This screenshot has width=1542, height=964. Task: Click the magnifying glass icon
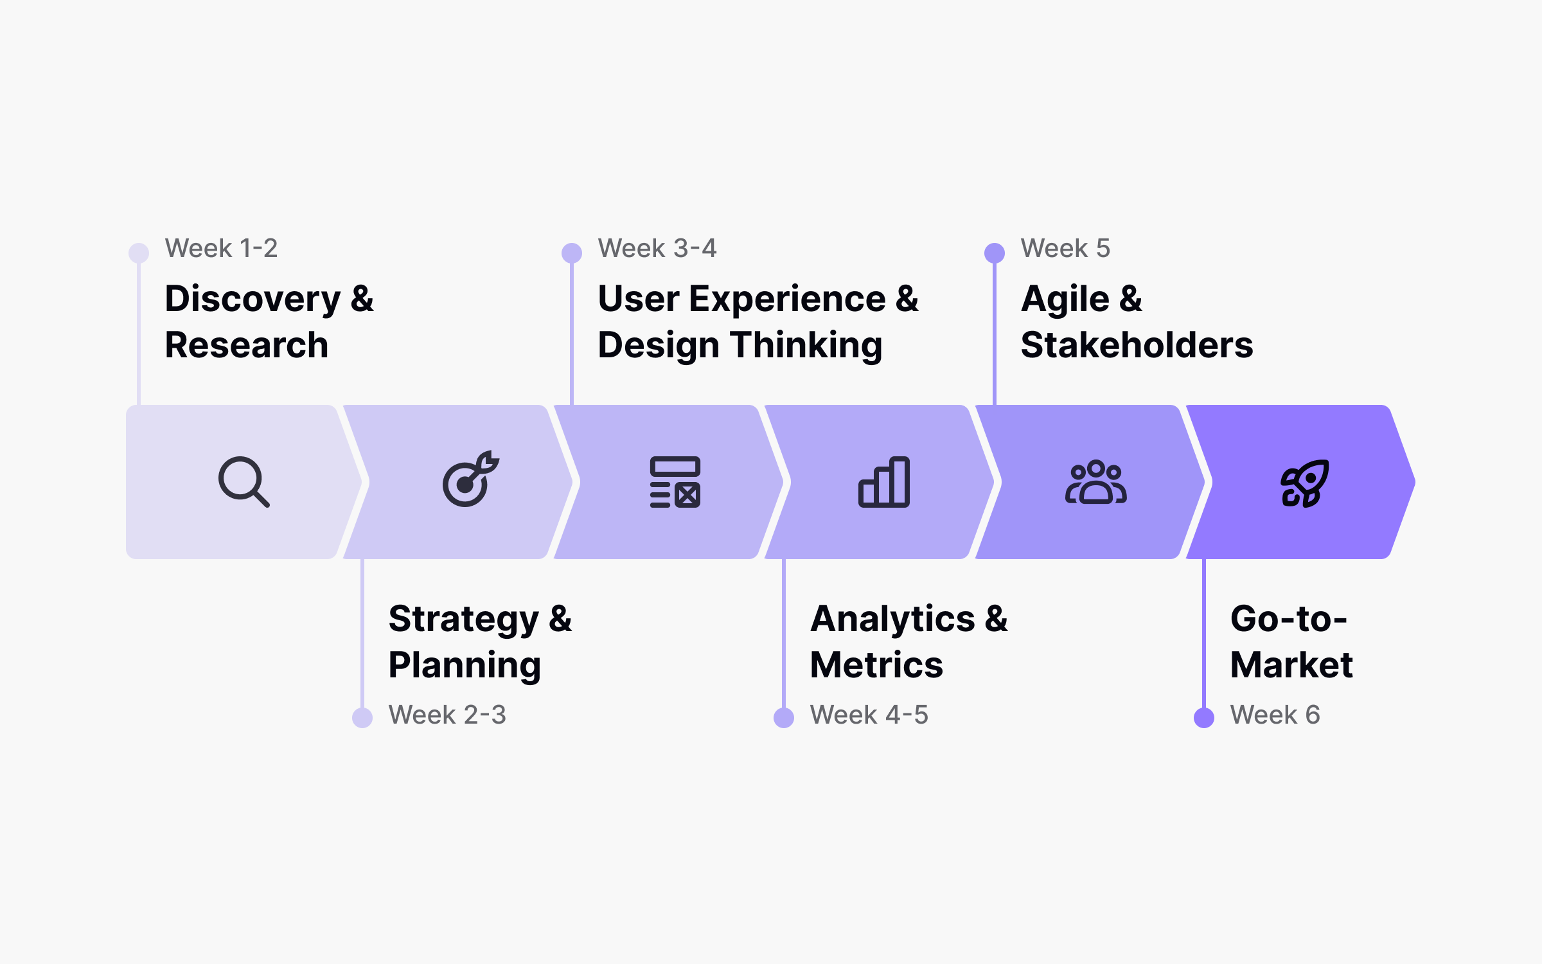click(x=243, y=481)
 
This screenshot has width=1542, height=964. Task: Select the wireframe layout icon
click(x=675, y=482)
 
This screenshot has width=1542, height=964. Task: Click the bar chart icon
click(x=884, y=482)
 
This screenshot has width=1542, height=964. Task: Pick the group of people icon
click(x=1095, y=482)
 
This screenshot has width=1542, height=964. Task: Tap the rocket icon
click(x=1304, y=483)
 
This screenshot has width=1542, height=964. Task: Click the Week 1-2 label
click(x=221, y=248)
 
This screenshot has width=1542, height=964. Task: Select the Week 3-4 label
click(x=657, y=248)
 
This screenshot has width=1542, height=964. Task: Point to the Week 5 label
click(x=1065, y=248)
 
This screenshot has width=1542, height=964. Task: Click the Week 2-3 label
click(x=447, y=715)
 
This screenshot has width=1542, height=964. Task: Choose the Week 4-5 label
click(x=869, y=715)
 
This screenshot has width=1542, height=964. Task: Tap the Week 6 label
click(x=1275, y=715)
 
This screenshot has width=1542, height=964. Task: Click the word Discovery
click(x=253, y=299)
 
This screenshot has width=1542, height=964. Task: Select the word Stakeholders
click(x=1137, y=345)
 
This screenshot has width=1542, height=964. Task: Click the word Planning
click(x=465, y=666)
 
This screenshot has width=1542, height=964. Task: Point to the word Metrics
click(x=876, y=665)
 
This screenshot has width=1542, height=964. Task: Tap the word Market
click(x=1291, y=665)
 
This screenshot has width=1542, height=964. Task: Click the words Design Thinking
click(x=740, y=346)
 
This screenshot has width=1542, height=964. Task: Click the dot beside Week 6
click(x=1203, y=717)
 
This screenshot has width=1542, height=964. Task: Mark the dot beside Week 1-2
click(x=139, y=253)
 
